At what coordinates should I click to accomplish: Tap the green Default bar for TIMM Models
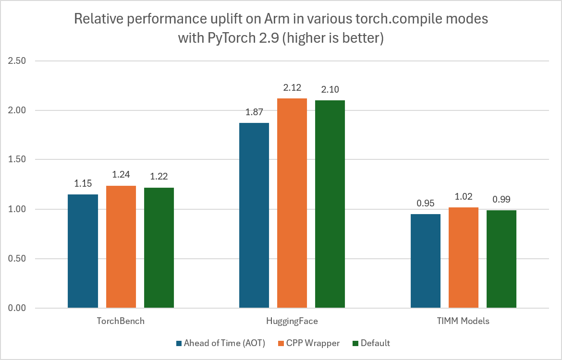501,259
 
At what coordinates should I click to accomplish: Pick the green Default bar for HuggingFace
330,204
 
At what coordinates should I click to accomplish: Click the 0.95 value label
425,203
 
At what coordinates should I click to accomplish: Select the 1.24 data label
121,174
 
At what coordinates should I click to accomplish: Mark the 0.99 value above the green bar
501,199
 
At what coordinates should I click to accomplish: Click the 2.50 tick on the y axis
18,61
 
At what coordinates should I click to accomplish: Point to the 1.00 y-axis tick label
18,209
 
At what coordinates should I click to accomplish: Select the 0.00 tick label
18,308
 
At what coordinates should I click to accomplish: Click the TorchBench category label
121,321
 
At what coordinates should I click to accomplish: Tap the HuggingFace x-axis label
292,321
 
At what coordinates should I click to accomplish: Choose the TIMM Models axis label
463,321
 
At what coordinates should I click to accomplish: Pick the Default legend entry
375,343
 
